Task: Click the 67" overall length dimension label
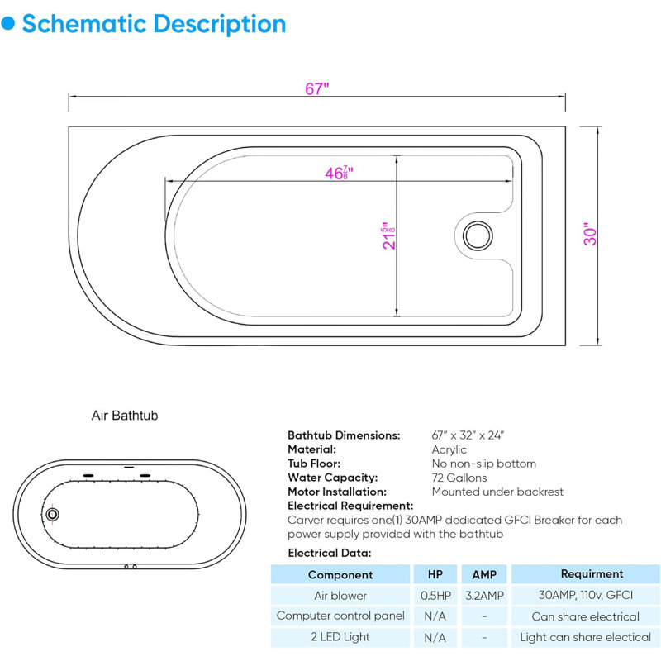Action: tap(316, 88)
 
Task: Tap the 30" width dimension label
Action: tap(590, 234)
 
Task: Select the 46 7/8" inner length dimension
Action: tap(339, 173)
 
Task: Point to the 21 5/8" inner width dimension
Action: tap(388, 235)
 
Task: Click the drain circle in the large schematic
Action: tap(478, 235)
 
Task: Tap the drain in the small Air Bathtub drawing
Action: tap(52, 514)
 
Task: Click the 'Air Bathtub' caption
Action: tap(125, 416)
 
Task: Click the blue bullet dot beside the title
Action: tap(7, 24)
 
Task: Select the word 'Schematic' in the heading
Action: tap(84, 24)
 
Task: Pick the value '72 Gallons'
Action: tap(459, 478)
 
